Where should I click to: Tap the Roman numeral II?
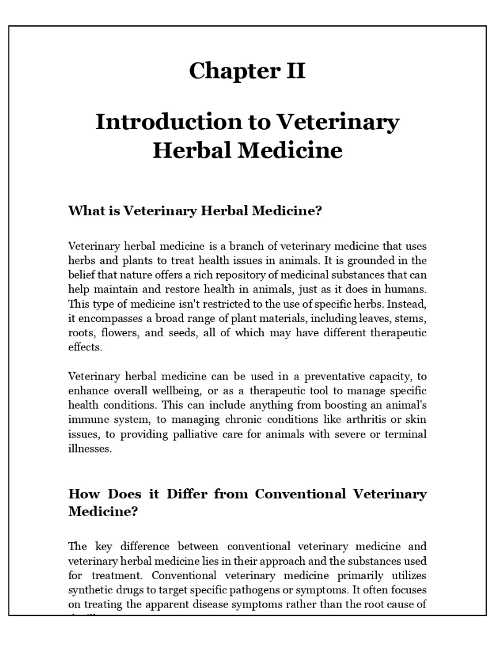coord(293,71)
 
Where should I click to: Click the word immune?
coord(87,420)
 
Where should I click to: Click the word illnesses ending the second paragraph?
coord(90,449)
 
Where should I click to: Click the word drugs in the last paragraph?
coord(131,575)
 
